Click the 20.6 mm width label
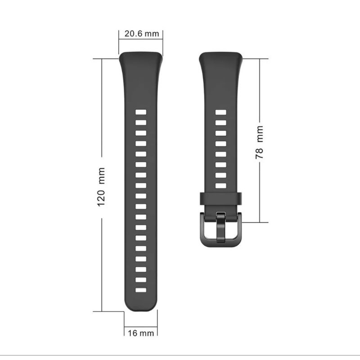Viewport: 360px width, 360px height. click(142, 34)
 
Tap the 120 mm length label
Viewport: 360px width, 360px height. click(101, 187)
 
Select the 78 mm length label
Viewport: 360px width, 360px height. click(259, 142)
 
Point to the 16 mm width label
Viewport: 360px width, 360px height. click(141, 333)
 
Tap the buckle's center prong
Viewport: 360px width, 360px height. click(221, 227)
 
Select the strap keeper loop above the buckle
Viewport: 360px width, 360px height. click(221, 199)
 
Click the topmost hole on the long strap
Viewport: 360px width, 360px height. click(141, 112)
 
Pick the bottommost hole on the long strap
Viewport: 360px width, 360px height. click(141, 290)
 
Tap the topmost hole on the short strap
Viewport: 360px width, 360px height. click(221, 112)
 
